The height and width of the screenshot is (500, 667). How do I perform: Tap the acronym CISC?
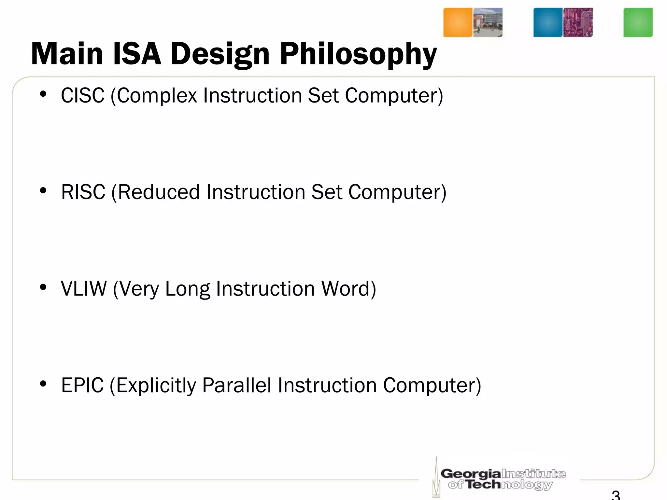tap(83, 96)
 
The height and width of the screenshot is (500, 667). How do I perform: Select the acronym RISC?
tap(83, 192)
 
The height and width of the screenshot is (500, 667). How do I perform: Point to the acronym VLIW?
tap(84, 289)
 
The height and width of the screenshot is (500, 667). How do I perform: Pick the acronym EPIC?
tap(82, 385)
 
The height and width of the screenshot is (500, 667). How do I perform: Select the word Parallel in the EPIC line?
tap(236, 385)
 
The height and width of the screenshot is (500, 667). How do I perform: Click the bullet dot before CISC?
tap(43, 94)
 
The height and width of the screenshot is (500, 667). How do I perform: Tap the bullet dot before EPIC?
tap(43, 384)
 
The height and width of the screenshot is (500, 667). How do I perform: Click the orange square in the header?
tap(458, 22)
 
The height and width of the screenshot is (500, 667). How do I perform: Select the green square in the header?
tap(638, 22)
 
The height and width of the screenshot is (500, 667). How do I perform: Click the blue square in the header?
tap(547, 22)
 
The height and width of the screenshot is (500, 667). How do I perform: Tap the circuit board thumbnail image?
tap(578, 22)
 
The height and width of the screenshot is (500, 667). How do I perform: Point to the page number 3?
tap(616, 495)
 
